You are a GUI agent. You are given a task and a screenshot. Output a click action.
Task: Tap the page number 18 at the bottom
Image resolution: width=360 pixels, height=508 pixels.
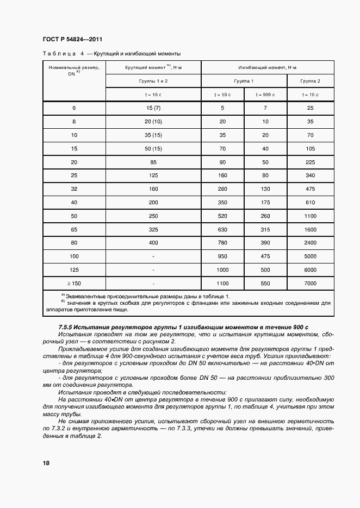tap(46, 463)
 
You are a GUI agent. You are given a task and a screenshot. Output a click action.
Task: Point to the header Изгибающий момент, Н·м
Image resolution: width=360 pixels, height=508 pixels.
tap(268, 67)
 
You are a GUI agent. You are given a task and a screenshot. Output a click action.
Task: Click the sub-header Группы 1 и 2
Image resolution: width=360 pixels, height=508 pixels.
tap(154, 81)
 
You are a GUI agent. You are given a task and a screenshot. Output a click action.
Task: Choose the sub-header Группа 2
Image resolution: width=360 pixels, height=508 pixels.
tap(311, 81)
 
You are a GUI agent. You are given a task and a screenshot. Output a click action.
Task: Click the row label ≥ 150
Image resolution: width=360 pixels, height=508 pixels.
tap(74, 283)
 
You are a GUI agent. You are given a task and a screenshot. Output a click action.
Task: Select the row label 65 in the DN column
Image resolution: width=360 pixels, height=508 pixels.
tap(74, 230)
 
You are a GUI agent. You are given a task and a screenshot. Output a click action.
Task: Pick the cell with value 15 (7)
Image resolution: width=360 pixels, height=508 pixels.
tap(154, 108)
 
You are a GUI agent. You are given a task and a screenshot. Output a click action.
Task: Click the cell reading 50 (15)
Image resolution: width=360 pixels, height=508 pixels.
tap(154, 148)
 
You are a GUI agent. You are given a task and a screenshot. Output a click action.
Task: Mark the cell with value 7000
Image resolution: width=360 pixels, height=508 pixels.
tap(311, 283)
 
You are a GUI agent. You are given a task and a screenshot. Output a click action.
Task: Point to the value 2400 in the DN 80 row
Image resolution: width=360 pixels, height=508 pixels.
tap(311, 243)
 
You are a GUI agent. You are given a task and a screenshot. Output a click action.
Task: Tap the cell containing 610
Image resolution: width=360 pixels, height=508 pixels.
tap(311, 202)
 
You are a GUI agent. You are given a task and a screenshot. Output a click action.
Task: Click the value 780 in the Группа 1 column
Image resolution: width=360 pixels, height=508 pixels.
tap(222, 243)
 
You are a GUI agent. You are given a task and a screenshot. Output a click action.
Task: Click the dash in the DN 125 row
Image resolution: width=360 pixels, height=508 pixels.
tap(154, 270)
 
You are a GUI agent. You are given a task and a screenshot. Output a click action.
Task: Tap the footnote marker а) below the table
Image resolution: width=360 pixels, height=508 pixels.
tap(63, 295)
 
